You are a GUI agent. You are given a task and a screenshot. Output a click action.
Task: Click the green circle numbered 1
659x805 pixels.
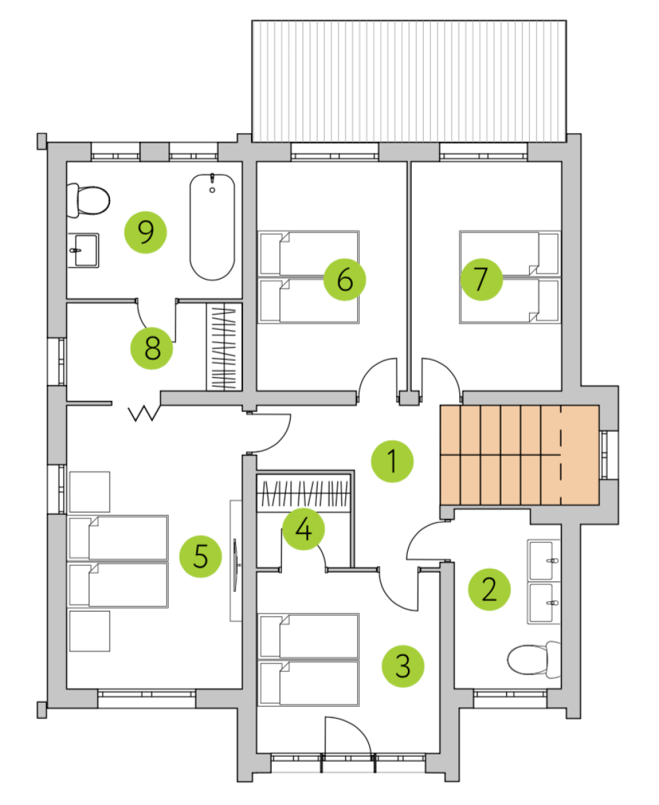coord(392,462)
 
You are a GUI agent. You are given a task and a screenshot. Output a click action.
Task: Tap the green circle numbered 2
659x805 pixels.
coord(489,589)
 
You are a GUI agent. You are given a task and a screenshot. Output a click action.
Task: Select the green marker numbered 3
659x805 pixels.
coord(403,666)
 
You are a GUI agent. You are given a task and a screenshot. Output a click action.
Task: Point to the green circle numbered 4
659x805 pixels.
coord(303,529)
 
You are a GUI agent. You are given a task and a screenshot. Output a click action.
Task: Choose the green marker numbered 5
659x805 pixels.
coord(200,556)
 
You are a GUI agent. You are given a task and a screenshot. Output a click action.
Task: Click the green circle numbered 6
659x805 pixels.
coord(344,280)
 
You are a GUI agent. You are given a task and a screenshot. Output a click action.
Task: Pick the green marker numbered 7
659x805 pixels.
coord(481,280)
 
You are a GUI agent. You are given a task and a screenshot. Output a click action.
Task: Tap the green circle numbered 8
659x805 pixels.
coord(152,348)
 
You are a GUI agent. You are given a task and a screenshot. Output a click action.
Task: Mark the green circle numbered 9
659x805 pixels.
coord(146,232)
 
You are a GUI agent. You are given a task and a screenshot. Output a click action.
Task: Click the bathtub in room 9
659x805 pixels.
coord(212,227)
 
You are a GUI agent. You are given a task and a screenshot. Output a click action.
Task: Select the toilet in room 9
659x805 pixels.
coord(88,201)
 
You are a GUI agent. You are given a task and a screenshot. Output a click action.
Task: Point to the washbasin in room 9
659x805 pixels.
coord(83,251)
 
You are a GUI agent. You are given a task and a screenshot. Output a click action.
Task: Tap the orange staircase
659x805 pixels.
coord(519,455)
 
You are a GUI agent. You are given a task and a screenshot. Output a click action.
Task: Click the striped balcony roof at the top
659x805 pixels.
coord(409,81)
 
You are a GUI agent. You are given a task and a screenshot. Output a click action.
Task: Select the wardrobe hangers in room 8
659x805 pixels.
coord(224,347)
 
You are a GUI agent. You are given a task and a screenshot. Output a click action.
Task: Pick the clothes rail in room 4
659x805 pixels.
coord(303,493)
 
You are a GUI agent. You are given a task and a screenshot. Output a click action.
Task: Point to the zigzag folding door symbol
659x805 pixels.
coord(144,413)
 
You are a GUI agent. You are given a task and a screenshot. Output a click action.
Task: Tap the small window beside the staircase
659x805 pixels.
coord(604,455)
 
